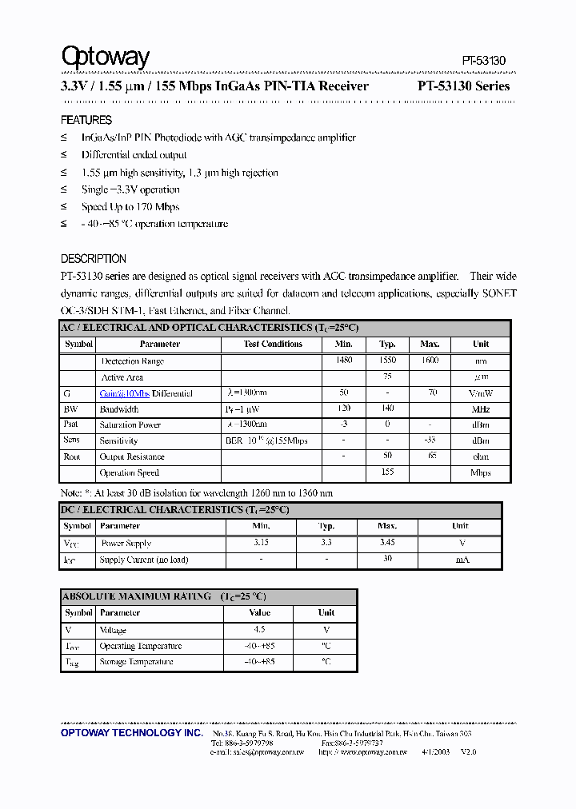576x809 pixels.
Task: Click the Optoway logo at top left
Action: (106, 57)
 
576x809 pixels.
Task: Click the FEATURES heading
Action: (86, 120)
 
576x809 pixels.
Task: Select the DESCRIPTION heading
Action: (94, 259)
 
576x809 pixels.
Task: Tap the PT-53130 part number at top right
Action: (484, 61)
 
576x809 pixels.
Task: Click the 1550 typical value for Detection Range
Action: (387, 361)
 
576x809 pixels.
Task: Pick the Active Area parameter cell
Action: (122, 377)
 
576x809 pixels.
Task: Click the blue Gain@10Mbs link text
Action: (125, 393)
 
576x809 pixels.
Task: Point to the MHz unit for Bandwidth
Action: (481, 409)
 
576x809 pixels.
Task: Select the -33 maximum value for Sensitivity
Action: (430, 440)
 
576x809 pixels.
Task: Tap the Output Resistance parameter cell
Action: (132, 456)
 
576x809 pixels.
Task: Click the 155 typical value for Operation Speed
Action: (387, 472)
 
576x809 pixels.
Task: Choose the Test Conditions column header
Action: (273, 344)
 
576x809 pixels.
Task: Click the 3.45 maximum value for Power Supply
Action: (387, 543)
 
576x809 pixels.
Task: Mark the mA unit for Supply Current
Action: (462, 560)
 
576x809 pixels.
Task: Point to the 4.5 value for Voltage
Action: (259, 630)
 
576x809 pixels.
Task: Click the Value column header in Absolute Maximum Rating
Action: (259, 613)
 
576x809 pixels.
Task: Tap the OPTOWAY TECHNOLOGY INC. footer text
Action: (132, 733)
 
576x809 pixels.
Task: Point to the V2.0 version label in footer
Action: (468, 752)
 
